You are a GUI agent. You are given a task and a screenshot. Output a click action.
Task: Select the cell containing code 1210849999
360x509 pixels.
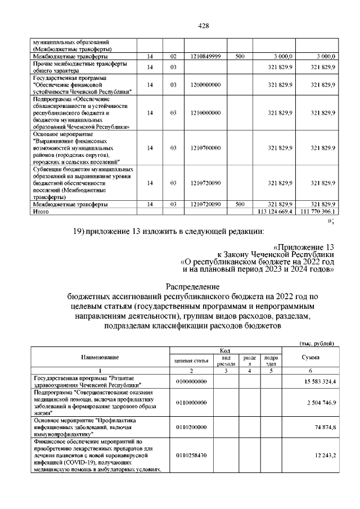[205, 57]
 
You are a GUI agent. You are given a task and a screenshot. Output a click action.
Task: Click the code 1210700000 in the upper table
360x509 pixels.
[205, 148]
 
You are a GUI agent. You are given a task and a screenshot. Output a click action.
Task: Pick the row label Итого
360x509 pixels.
[41, 212]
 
